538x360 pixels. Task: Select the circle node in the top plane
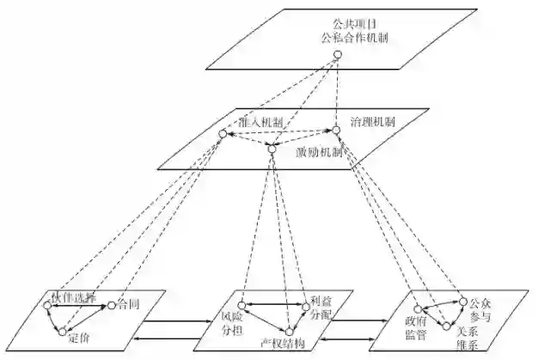[x=338, y=56]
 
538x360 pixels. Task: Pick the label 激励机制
[x=319, y=151]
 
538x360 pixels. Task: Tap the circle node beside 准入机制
[x=222, y=134]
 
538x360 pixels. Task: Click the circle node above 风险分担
[x=242, y=304]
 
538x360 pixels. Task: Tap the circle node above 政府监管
[x=417, y=307]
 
